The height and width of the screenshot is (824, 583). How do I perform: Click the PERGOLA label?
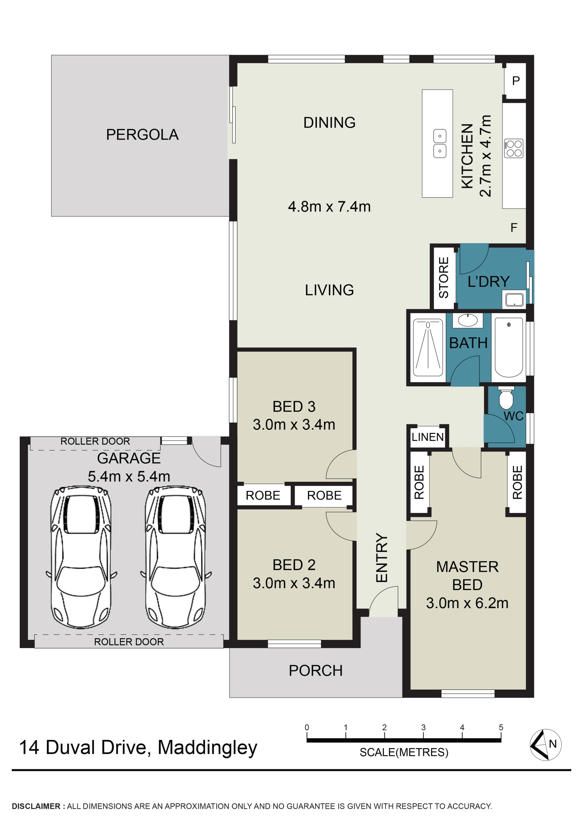pyautogui.click(x=142, y=135)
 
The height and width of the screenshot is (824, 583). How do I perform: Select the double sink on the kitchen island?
pyautogui.click(x=440, y=144)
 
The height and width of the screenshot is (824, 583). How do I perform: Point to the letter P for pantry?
pyautogui.click(x=516, y=81)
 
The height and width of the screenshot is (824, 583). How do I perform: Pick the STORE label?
pyautogui.click(x=444, y=277)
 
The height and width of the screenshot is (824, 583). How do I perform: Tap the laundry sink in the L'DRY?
pyautogui.click(x=514, y=300)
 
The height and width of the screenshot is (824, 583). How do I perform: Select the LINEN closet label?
pyautogui.click(x=428, y=437)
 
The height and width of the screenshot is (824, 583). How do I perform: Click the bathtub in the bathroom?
pyautogui.click(x=509, y=347)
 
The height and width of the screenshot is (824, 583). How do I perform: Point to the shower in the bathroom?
pyautogui.click(x=428, y=347)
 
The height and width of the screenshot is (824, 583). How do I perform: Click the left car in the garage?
pyautogui.click(x=81, y=558)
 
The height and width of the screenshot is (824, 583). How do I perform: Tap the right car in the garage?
pyautogui.click(x=176, y=558)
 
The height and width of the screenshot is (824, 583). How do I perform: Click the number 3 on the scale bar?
pyautogui.click(x=423, y=728)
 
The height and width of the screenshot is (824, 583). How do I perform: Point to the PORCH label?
pyautogui.click(x=316, y=670)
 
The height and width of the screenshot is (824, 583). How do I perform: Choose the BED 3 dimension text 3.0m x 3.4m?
pyautogui.click(x=294, y=424)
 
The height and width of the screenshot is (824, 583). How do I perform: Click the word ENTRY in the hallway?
pyautogui.click(x=381, y=557)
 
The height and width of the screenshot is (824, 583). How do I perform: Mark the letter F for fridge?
pyautogui.click(x=514, y=228)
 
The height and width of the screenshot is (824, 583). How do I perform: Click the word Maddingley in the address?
pyautogui.click(x=208, y=748)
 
